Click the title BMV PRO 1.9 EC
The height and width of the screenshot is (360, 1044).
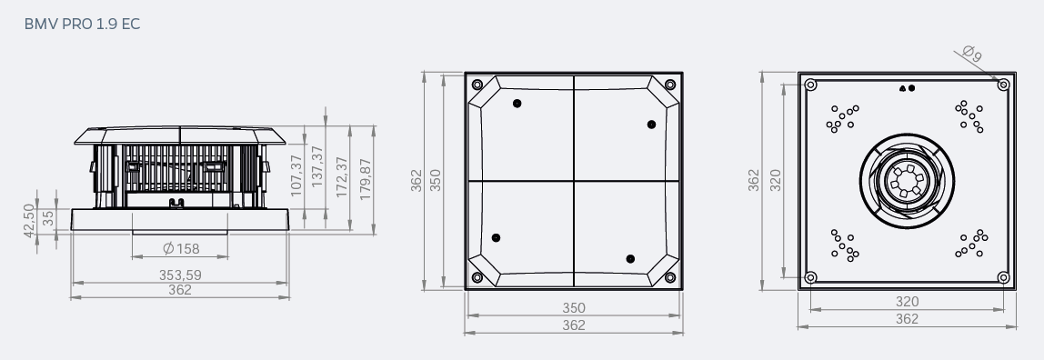tap(82, 24)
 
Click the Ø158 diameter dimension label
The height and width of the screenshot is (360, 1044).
tap(181, 249)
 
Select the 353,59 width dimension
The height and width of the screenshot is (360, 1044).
tap(180, 275)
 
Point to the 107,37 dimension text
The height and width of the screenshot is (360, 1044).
tap(297, 175)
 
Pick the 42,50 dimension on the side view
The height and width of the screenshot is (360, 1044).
tap(28, 220)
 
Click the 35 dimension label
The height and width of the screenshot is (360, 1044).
tap(48, 218)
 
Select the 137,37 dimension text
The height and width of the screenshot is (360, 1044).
tap(317, 165)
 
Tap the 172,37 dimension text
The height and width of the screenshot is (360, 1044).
tap(342, 177)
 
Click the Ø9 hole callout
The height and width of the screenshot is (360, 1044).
tap(973, 54)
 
